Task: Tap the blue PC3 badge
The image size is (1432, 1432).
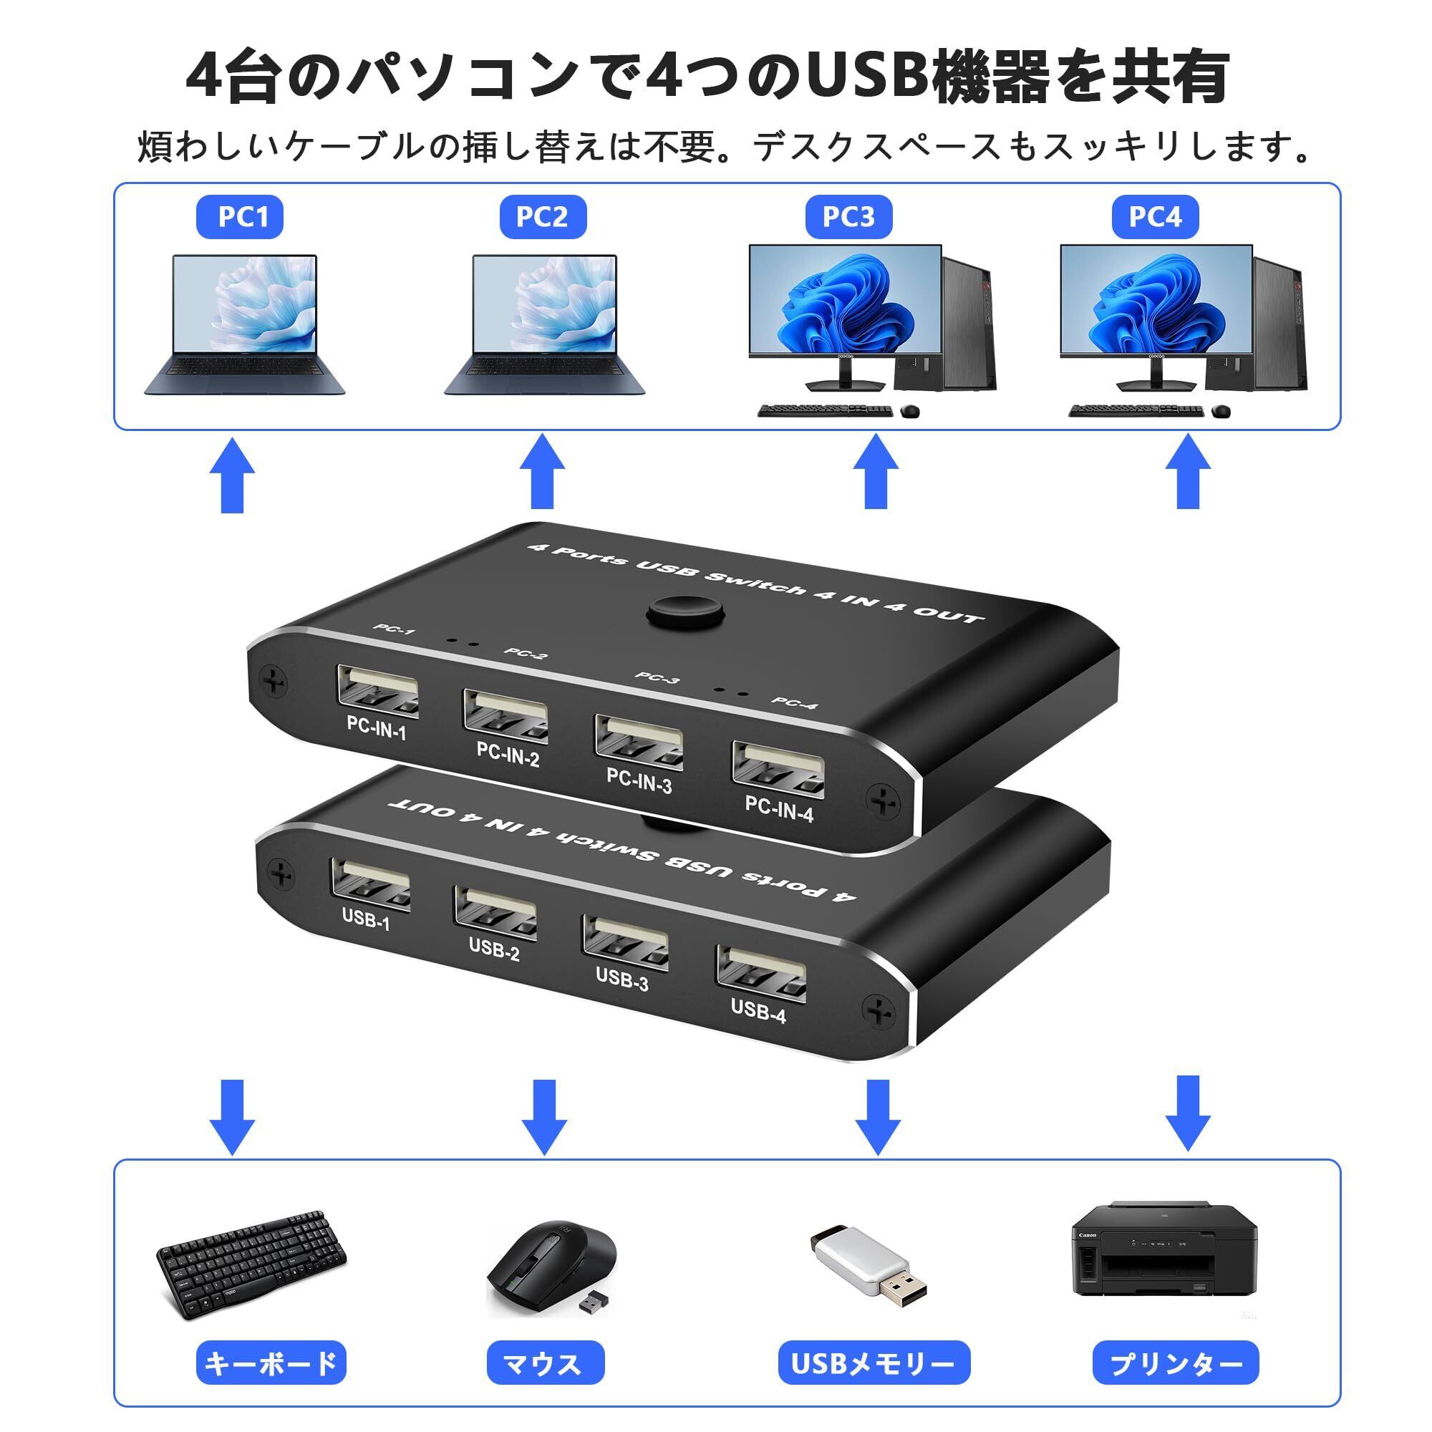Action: pyautogui.click(x=848, y=216)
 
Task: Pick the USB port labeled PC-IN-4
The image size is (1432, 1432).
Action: pyautogui.click(x=778, y=772)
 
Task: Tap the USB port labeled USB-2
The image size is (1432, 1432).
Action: pyautogui.click(x=494, y=913)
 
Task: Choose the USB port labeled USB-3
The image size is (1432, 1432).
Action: pyautogui.click(x=625, y=942)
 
